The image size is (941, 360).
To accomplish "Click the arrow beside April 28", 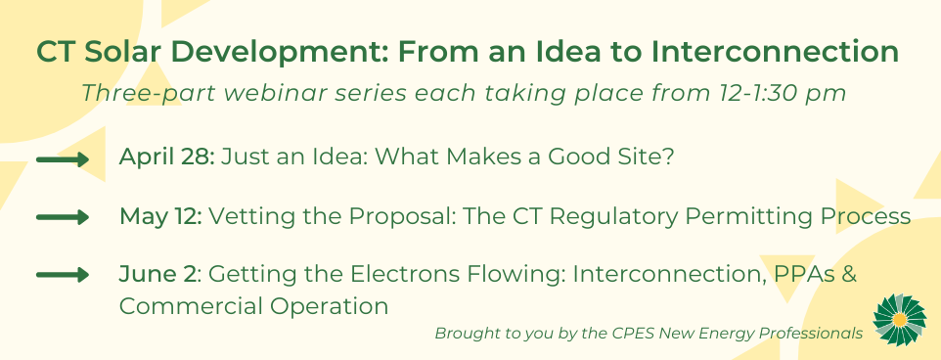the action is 63,159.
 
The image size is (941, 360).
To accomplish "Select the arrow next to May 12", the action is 63,217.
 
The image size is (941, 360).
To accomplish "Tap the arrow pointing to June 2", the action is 63,275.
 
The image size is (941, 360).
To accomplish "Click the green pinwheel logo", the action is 900,320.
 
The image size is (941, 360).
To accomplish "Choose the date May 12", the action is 160,216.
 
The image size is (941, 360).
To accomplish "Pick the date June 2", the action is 157,274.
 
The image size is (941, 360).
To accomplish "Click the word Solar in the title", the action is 122,52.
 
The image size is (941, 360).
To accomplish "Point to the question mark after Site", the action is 668,157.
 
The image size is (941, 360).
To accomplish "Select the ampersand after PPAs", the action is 849,274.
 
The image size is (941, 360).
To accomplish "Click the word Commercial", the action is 190,306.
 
